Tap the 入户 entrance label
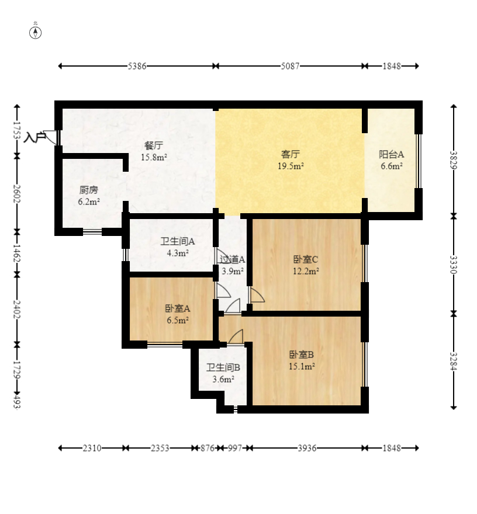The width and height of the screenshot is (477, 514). click(x=34, y=137)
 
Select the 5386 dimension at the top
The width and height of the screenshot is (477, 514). click(x=137, y=66)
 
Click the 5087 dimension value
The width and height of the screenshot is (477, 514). click(x=290, y=66)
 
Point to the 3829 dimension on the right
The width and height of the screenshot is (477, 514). click(x=454, y=160)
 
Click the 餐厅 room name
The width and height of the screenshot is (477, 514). click(x=154, y=145)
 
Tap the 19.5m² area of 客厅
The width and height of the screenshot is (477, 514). click(x=291, y=166)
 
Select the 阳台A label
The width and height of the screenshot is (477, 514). click(x=392, y=154)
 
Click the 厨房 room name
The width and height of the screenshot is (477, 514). click(x=89, y=190)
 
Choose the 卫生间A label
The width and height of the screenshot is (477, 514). click(x=178, y=242)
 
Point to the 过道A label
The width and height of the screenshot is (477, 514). click(x=232, y=259)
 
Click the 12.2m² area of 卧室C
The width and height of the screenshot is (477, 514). click(x=306, y=271)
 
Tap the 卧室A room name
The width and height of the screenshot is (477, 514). click(x=178, y=308)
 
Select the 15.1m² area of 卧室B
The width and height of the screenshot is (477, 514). click(x=302, y=366)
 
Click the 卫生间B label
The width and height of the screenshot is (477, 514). click(x=223, y=367)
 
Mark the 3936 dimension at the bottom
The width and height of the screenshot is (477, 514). click(x=307, y=448)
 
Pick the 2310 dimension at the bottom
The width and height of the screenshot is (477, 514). click(x=92, y=448)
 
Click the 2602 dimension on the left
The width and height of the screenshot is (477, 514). click(x=17, y=193)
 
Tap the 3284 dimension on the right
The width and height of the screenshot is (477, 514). click(x=454, y=361)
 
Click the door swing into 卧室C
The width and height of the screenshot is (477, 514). click(x=257, y=295)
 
